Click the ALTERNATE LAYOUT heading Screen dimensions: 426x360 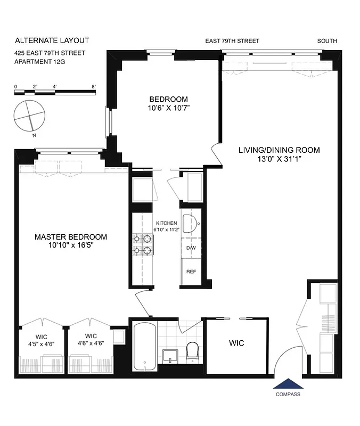coord(52,40)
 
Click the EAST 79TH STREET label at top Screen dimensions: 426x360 coord(233,41)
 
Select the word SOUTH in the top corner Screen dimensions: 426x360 coord(327,41)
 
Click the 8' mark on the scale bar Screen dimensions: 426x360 coord(93,86)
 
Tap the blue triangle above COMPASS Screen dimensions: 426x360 coord(288,384)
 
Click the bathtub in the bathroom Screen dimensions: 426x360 coord(144,347)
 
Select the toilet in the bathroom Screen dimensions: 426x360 coord(192,353)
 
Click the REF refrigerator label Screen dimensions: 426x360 coord(191,272)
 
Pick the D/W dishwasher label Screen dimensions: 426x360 coord(191,248)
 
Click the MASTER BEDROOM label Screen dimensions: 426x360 coord(71,237)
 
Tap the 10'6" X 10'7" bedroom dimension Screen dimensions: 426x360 coord(168,108)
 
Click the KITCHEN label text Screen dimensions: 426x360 coord(167,223)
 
